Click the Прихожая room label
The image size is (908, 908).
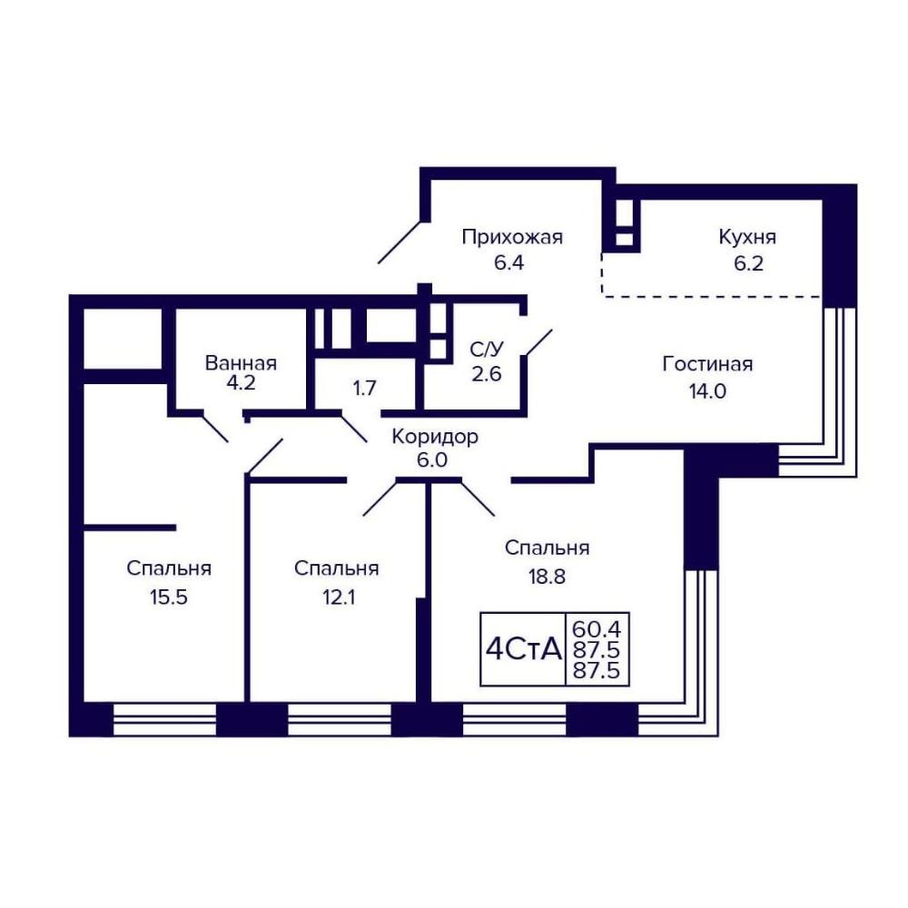coord(512,237)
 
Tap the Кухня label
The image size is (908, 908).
coord(747,237)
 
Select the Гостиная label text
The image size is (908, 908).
coord(707,364)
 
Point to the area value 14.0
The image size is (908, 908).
coord(707,391)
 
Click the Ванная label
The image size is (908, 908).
coord(241,363)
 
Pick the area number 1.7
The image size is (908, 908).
coord(364,388)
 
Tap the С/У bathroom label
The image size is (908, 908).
coord(487,350)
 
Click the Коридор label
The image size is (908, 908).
coord(435,437)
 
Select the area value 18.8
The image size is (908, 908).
coord(546,577)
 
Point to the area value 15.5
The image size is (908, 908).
coord(169,597)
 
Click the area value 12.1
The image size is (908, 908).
coord(338,597)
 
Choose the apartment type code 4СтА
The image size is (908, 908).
coord(524,650)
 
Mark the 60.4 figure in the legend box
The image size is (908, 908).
coord(596,628)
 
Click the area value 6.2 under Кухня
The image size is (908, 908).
coord(748,264)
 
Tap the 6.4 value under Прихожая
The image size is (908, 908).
coord(508,263)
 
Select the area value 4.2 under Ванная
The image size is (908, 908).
coord(241,383)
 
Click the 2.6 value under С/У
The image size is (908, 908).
coord(486,374)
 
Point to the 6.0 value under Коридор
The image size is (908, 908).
coord(432,461)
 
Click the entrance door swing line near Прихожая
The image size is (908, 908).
coord(400,242)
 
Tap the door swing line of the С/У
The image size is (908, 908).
coord(538,343)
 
